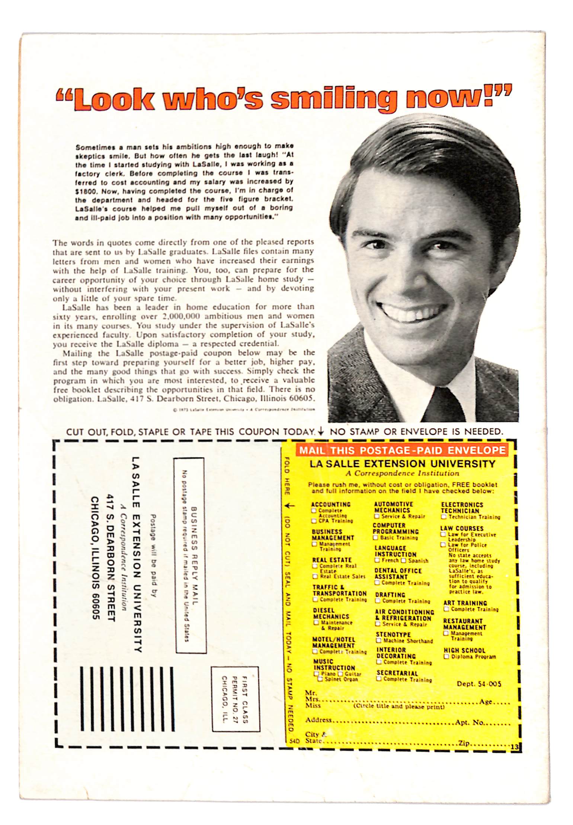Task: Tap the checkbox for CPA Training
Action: tap(314, 521)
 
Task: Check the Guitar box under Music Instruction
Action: tap(340, 674)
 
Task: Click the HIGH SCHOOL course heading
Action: tap(464, 650)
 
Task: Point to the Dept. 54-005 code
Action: tap(479, 684)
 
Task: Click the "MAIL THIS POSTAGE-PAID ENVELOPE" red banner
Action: tap(402, 450)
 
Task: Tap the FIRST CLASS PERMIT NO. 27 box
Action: tap(235, 699)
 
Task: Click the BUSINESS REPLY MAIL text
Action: tap(194, 555)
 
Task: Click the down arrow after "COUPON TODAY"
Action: tap(321, 431)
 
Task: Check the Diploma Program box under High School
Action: tap(446, 657)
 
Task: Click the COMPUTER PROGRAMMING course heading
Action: tap(396, 528)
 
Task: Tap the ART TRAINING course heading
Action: tap(465, 603)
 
